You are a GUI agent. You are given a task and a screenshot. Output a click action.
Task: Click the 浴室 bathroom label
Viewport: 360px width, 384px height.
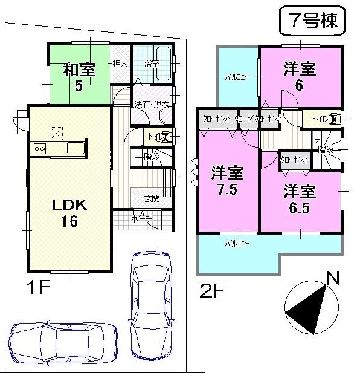click(151, 63)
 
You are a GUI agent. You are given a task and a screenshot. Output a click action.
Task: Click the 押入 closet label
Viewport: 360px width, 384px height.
click(119, 62)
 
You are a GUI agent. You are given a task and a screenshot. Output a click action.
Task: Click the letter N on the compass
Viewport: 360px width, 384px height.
click(332, 278)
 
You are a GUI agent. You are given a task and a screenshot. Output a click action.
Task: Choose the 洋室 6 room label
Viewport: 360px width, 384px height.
click(299, 77)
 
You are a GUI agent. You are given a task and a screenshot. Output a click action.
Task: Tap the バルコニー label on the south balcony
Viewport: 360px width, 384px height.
click(237, 243)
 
